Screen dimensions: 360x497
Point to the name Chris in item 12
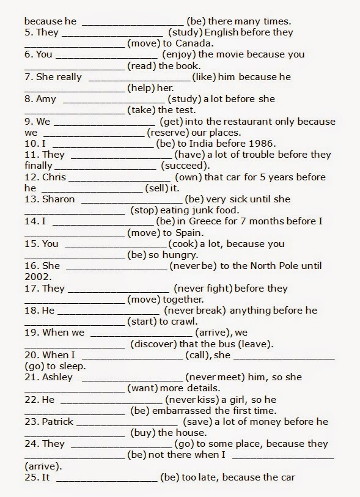coord(53,177)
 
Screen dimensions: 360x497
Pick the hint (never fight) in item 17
coord(202,288)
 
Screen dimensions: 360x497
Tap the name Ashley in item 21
coord(57,377)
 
